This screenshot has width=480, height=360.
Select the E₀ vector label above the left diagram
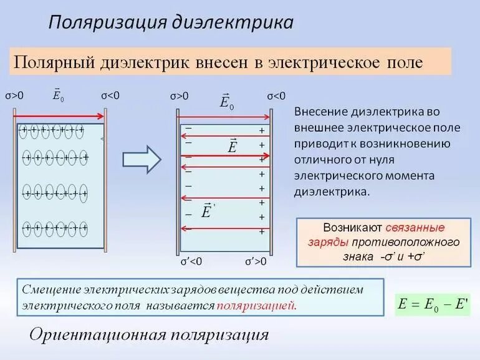59,95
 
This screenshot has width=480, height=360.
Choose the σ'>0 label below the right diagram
256,261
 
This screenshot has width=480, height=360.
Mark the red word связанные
415,228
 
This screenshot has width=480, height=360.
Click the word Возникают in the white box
353,228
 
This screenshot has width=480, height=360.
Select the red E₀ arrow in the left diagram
59,116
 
